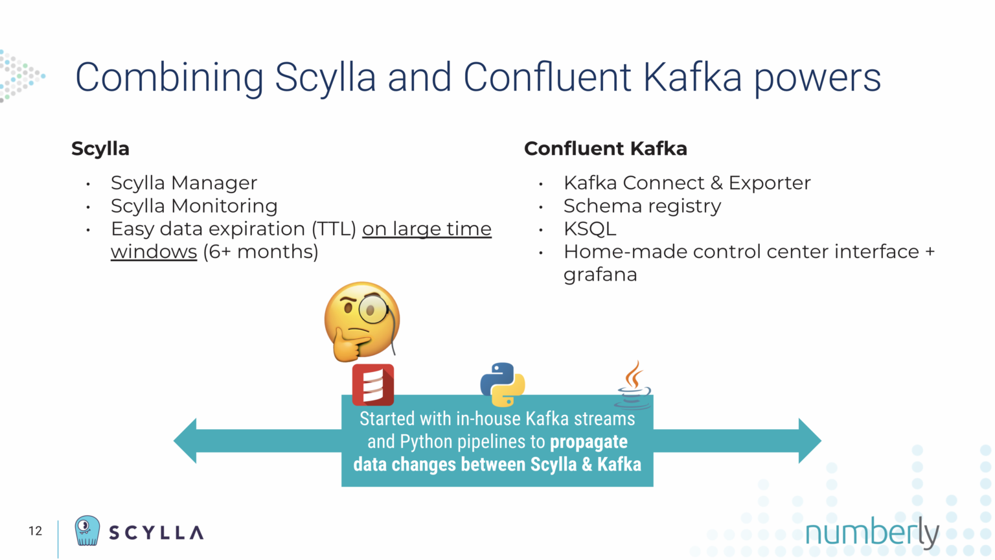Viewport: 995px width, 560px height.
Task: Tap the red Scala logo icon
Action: tap(372, 384)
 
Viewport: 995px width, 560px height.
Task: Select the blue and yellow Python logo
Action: tap(502, 384)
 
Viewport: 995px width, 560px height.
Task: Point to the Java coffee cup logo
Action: tap(633, 385)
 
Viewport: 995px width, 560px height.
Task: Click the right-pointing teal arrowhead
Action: tap(809, 441)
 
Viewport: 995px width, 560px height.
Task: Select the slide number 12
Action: tap(35, 531)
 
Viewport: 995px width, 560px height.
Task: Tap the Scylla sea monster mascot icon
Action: tap(87, 531)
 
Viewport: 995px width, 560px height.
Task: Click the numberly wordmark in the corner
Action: tap(871, 533)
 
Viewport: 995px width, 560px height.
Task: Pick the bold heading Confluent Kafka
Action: tap(605, 148)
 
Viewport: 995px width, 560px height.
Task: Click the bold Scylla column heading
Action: tap(100, 148)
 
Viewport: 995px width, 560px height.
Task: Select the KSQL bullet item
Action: tap(589, 229)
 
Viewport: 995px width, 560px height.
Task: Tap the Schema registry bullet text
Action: tap(642, 206)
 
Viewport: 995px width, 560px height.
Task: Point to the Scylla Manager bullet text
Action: tap(184, 183)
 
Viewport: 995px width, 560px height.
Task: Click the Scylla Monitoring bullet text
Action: tap(194, 206)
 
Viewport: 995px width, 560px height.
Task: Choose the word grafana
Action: tap(600, 275)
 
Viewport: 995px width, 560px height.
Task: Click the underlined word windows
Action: tap(154, 251)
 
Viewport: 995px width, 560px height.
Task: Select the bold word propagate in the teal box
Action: tap(588, 442)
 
